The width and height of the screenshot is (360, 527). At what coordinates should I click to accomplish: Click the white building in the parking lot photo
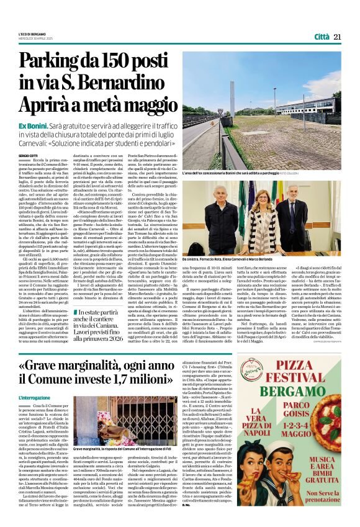317,107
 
